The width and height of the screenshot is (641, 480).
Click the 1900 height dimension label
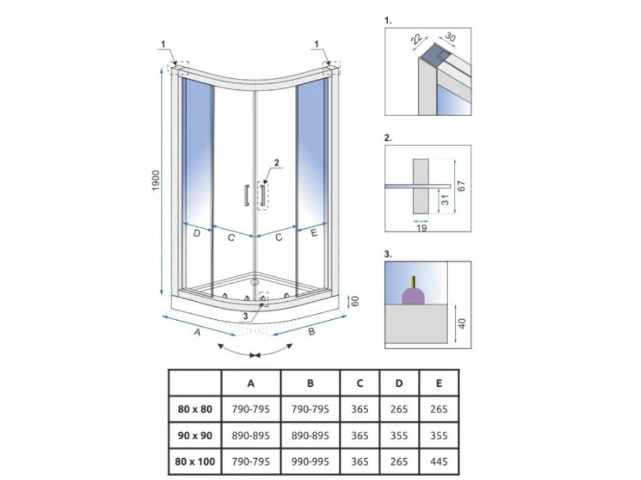(x=156, y=182)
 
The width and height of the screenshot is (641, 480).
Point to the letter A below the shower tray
(x=197, y=333)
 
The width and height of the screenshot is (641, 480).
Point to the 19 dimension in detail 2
(x=422, y=229)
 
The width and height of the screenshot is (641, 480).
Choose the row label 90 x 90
(x=195, y=436)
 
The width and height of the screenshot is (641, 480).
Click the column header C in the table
(x=360, y=383)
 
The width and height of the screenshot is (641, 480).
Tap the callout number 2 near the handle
(x=276, y=163)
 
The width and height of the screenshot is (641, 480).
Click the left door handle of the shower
(x=246, y=195)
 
